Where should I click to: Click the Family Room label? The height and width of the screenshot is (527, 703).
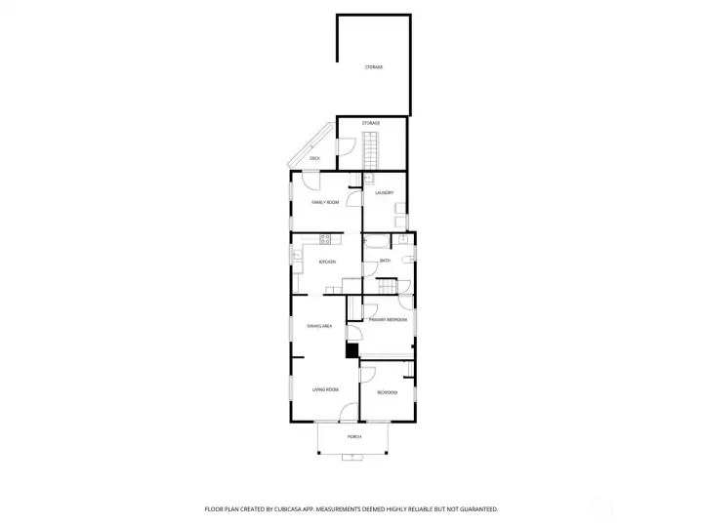click(325, 202)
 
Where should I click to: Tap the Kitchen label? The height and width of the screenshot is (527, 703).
click(327, 262)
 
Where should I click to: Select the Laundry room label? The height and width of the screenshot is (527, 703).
click(384, 193)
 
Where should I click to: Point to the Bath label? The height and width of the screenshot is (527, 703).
click(385, 261)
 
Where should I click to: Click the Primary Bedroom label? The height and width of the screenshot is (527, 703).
click(388, 320)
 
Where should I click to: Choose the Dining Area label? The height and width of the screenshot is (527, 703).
click(320, 325)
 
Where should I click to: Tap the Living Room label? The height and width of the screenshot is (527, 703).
click(325, 390)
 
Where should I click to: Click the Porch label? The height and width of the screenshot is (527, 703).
click(353, 436)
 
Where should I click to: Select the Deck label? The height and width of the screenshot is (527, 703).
click(314, 157)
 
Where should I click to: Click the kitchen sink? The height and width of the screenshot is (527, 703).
click(295, 256)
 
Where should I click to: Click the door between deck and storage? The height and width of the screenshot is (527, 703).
click(344, 147)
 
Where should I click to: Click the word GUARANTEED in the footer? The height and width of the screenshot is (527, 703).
click(478, 508)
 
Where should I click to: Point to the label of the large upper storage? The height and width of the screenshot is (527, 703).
click(373, 66)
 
